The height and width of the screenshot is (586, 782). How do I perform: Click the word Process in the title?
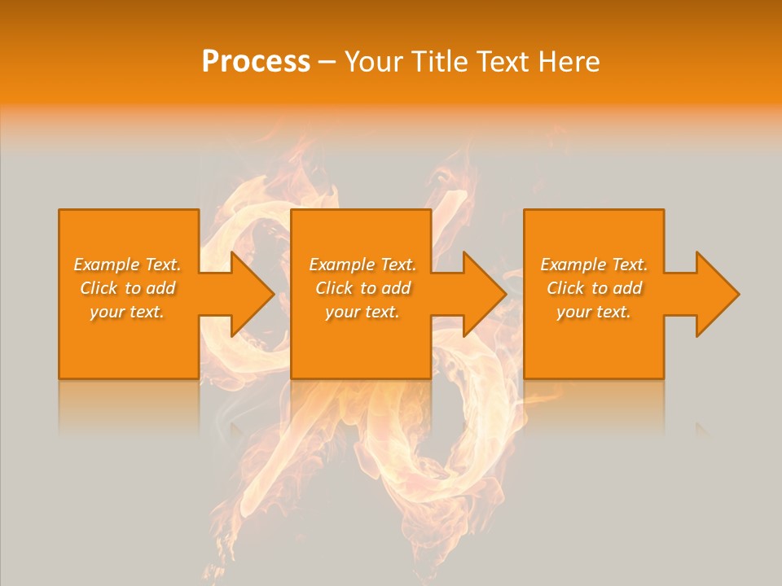[x=256, y=62]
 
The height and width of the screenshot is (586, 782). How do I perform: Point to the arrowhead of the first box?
[x=248, y=294]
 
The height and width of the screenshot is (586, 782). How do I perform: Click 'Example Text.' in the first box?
[x=127, y=265]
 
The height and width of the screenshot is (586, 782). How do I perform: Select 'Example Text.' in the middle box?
[x=362, y=265]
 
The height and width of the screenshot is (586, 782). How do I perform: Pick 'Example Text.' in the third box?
[x=594, y=265]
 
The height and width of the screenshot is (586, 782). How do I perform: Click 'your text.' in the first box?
[x=127, y=312]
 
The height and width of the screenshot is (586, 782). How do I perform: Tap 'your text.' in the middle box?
[x=362, y=312]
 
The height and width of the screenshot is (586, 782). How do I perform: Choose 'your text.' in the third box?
[x=594, y=312]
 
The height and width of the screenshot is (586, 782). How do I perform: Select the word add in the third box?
[x=626, y=288]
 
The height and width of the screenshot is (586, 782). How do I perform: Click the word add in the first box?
[x=159, y=288]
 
